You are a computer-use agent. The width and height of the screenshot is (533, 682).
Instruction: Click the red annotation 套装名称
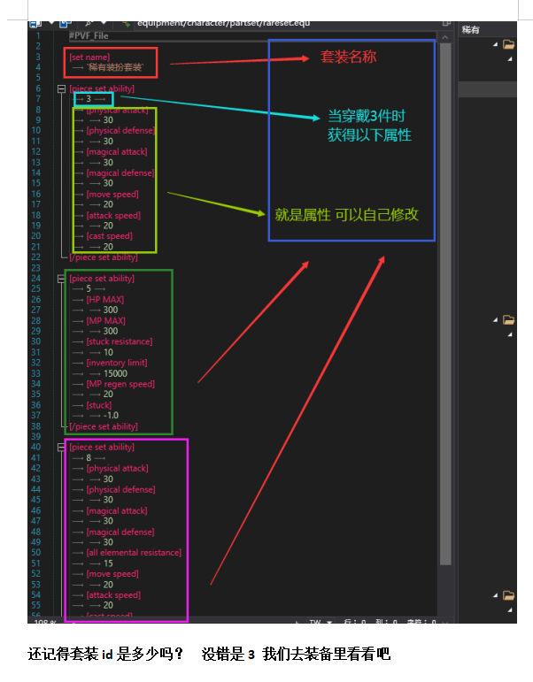click(x=348, y=57)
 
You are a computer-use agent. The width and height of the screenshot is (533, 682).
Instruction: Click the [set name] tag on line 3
click(x=89, y=57)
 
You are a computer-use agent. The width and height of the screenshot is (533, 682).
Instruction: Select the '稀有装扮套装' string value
click(x=115, y=67)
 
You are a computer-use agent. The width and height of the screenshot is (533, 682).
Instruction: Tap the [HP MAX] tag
click(x=104, y=300)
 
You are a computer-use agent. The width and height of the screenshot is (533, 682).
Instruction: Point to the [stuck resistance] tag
click(x=120, y=341)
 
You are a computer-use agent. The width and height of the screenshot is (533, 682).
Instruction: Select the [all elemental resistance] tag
click(x=134, y=553)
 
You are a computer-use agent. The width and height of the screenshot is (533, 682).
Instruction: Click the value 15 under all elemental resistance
click(x=107, y=563)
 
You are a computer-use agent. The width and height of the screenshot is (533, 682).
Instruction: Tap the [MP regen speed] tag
click(x=120, y=384)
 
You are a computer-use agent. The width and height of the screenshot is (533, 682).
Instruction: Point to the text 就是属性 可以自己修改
click(x=346, y=215)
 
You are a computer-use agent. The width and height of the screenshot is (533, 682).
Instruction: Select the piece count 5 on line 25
click(x=89, y=288)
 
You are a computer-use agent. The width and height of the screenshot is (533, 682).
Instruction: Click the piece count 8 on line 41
click(x=89, y=458)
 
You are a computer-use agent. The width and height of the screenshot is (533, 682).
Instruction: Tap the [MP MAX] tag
click(x=105, y=320)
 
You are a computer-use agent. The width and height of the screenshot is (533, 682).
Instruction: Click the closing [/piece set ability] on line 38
click(x=104, y=426)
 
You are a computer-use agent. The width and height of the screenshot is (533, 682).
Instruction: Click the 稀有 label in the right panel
click(x=470, y=30)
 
